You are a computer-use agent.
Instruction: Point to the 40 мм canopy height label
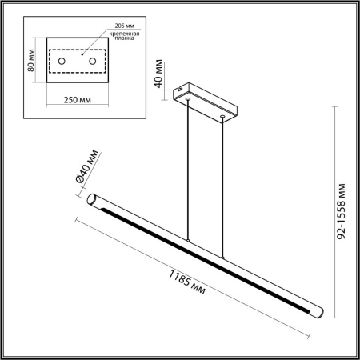(160, 71)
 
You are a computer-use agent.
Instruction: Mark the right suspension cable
(222, 184)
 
